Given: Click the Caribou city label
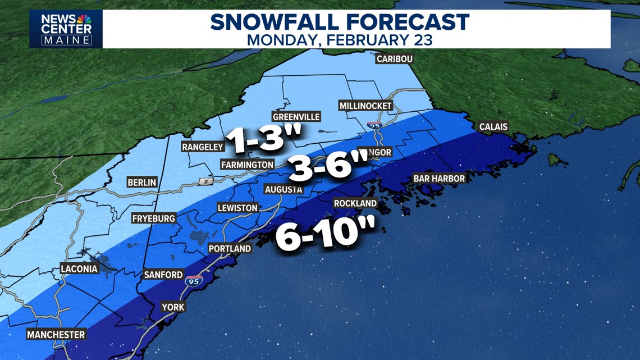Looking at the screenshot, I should point(395,59).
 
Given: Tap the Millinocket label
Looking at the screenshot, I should point(365,106).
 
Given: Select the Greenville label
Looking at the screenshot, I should point(296,117).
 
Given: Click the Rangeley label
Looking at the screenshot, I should point(203,147).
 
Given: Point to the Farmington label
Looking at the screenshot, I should point(247,165).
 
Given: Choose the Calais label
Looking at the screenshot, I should point(493,127).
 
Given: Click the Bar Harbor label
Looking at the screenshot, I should point(439,179).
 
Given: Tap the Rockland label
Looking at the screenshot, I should point(355,203).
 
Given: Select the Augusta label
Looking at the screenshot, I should point(284,189).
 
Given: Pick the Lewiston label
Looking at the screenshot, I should point(237,208).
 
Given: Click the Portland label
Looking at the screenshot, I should point(230,248).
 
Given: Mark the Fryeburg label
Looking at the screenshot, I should point(154,218).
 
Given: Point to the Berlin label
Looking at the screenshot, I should point(142,183).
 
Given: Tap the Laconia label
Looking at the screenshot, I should point(79,269).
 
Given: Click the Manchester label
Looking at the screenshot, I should point(56,335).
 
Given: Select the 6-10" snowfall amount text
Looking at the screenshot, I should point(324,236).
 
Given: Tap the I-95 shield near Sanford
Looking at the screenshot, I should point(194,281).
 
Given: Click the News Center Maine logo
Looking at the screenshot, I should point(66,29).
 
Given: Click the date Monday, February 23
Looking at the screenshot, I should point(340,40).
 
